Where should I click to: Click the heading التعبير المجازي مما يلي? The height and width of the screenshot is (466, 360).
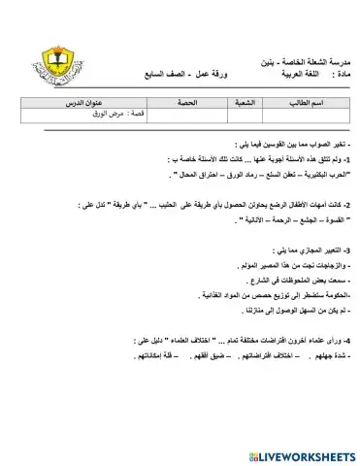[309, 250]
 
